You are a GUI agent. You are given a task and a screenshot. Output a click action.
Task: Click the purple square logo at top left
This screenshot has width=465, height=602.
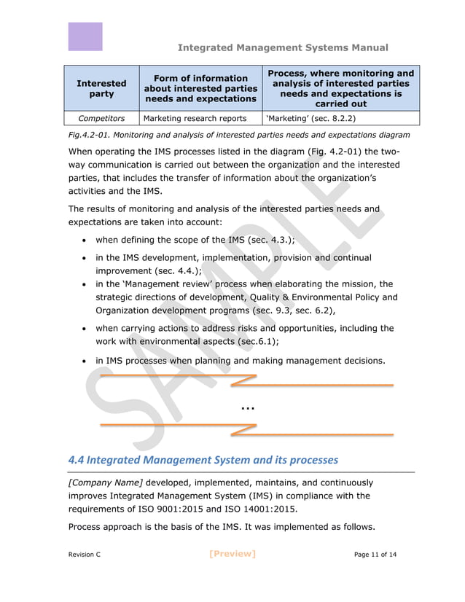point(85,36)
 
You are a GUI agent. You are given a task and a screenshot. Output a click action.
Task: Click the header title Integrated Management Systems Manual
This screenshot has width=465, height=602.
point(283,48)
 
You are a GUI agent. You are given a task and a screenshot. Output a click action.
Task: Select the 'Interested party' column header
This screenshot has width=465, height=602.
point(101,89)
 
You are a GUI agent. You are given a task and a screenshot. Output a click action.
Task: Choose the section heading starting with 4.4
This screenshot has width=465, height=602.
point(203,460)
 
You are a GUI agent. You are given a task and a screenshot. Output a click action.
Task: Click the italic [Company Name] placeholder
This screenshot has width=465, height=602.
point(105,482)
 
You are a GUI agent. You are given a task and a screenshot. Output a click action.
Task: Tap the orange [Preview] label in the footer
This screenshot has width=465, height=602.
point(232,554)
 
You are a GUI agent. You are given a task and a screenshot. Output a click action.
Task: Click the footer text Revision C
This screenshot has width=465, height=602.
point(85,555)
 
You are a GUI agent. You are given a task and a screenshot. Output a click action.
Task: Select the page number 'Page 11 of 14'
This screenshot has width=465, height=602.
point(375,555)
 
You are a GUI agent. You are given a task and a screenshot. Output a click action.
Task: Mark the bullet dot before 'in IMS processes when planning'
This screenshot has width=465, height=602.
point(87,361)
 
